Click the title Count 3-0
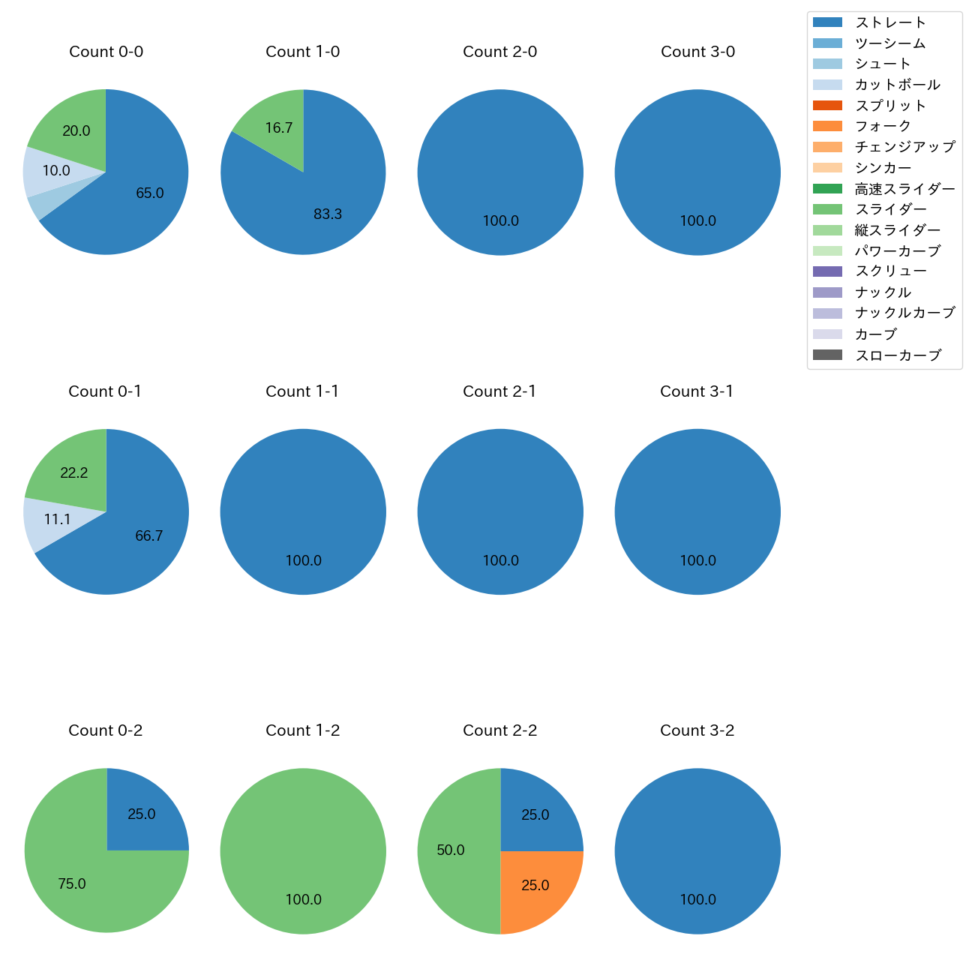697,52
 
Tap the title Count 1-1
302,391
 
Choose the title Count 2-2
499,730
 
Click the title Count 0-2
106,730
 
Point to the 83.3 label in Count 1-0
328,214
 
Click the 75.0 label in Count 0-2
72,884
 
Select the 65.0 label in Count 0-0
150,193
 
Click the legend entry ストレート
890,22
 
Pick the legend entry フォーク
883,126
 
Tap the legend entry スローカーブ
898,355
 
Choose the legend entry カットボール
897,85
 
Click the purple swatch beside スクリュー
827,271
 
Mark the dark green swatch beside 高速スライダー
827,189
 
